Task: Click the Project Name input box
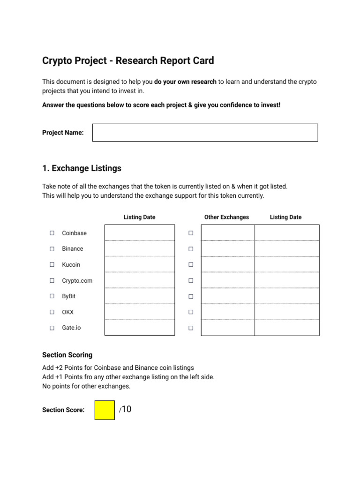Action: pyautogui.click(x=205, y=133)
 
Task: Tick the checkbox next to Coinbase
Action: pyautogui.click(x=52, y=233)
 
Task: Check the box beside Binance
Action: pyautogui.click(x=52, y=249)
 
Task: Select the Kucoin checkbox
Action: pyautogui.click(x=52, y=265)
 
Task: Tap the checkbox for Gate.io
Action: pyautogui.click(x=52, y=328)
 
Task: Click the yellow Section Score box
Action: pyautogui.click(x=105, y=410)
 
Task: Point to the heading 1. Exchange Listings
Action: pyautogui.click(x=82, y=168)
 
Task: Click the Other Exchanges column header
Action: pyautogui.click(x=226, y=217)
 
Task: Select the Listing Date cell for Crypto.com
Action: pyautogui.click(x=140, y=280)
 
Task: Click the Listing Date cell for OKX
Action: pyautogui.click(x=140, y=312)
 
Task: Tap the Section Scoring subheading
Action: pyautogui.click(x=67, y=355)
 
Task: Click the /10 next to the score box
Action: pyautogui.click(x=125, y=409)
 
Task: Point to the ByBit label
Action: pyautogui.click(x=69, y=296)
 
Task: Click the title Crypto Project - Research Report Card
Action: pyautogui.click(x=128, y=60)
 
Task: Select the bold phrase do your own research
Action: pyautogui.click(x=185, y=82)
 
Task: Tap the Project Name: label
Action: pyautogui.click(x=63, y=133)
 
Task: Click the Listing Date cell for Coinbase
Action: pyautogui.click(x=140, y=233)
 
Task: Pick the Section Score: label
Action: pyautogui.click(x=63, y=410)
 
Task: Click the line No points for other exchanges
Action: pyautogui.click(x=86, y=386)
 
